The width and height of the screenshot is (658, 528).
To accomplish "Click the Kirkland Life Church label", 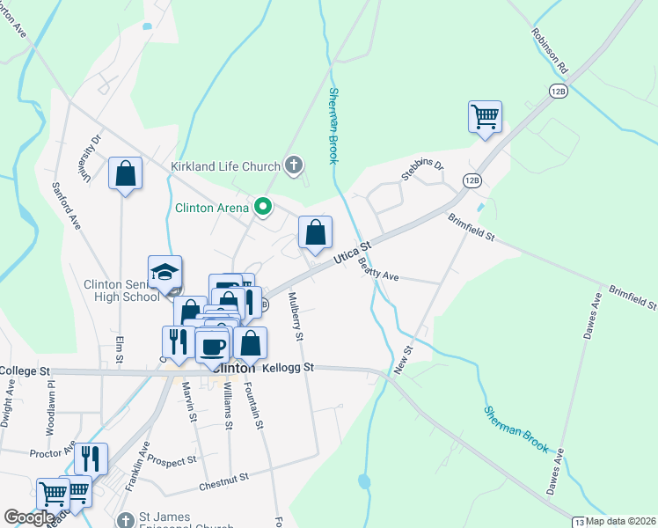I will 225,165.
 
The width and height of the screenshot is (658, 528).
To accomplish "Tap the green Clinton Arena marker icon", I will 262,208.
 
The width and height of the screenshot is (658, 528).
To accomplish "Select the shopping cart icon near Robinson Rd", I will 485,117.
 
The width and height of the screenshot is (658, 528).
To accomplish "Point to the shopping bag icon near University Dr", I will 126,173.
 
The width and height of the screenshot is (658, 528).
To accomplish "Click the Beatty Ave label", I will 379,275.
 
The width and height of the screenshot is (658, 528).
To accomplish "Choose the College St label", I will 26,371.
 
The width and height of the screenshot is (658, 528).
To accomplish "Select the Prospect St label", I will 172,461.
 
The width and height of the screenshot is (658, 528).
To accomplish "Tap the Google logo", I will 28,517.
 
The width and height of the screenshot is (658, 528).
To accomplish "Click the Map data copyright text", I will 620,521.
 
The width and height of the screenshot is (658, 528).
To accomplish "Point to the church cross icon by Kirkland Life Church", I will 295,165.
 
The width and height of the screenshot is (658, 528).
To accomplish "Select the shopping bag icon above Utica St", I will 315,232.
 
